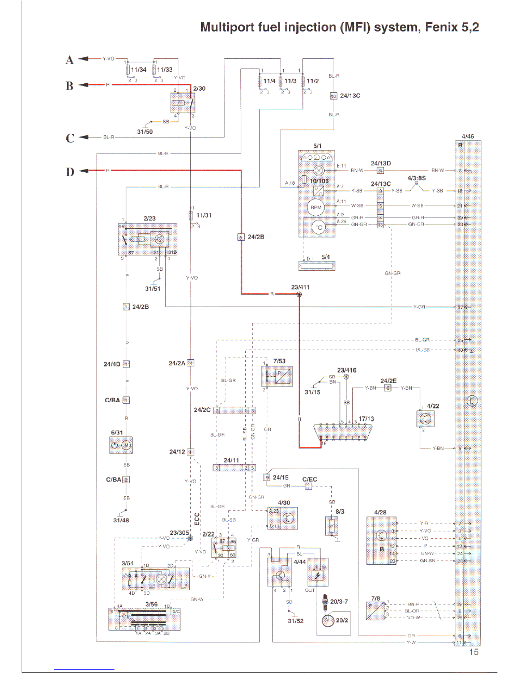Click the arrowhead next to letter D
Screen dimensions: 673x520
(x=83, y=171)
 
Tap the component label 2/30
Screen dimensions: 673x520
(x=199, y=89)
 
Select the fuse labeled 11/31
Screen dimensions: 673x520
(x=191, y=216)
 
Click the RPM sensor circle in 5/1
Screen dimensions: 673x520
(x=316, y=207)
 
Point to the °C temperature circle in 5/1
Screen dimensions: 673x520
(x=318, y=227)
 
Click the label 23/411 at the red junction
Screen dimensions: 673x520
(x=300, y=287)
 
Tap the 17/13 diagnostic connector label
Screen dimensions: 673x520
(x=366, y=418)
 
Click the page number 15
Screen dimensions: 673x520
(x=474, y=652)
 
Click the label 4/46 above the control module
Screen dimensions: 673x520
(x=467, y=137)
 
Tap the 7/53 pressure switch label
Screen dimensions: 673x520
(x=280, y=360)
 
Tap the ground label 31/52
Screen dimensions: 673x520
(x=295, y=621)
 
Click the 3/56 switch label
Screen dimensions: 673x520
(x=151, y=604)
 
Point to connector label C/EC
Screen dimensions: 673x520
(x=309, y=479)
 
